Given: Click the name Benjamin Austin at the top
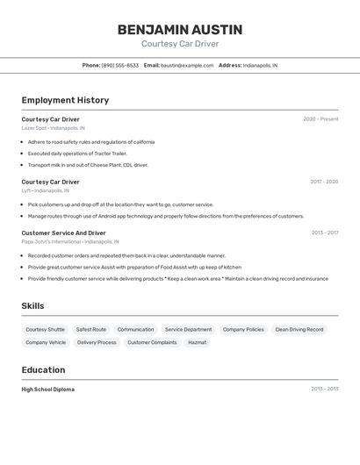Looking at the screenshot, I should tap(180, 30).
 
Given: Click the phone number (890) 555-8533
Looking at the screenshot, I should tap(119, 65).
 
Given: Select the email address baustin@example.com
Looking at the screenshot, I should tap(187, 65).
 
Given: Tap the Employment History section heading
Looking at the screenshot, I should tap(65, 100).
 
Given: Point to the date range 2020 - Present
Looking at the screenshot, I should tap(320, 119).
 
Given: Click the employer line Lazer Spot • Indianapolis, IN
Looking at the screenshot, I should tap(54, 128).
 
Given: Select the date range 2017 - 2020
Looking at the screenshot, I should tap(324, 182).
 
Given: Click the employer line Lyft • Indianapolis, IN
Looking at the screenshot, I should tap(46, 190).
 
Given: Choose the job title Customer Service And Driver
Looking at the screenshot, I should tap(63, 232).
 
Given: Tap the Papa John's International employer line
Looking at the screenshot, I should tap(70, 241).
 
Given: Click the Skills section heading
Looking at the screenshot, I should tap(33, 305).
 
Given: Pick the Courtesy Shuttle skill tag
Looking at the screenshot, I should tap(45, 329).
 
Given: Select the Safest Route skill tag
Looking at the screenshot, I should tap(91, 329).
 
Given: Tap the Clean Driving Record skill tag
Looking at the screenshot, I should tap(299, 329).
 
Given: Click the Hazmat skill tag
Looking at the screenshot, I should tap(198, 342).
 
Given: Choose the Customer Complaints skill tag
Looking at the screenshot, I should tap(152, 342).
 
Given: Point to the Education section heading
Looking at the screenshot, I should tap(43, 369).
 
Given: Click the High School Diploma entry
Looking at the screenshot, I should tap(48, 389).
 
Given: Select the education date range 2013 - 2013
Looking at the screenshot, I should tap(324, 389).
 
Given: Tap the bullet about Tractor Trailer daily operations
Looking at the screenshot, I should tap(78, 153).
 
